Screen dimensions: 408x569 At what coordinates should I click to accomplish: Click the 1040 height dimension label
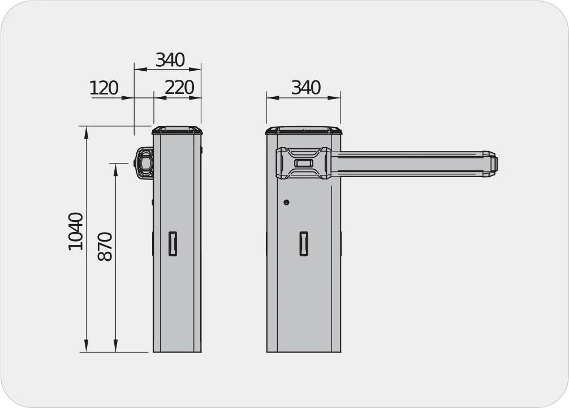(x=75, y=231)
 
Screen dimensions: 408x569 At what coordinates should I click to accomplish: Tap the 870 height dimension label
(x=105, y=246)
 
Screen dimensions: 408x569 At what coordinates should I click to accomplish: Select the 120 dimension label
(x=104, y=88)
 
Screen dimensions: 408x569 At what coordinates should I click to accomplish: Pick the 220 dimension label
(x=179, y=88)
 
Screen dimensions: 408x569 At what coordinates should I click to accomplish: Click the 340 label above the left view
(x=170, y=59)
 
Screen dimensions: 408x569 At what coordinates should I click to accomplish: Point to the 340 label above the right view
(x=305, y=88)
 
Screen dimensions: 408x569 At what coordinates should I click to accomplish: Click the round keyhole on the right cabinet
(x=286, y=202)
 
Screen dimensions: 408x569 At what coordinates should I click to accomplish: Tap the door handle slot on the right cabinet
(x=304, y=243)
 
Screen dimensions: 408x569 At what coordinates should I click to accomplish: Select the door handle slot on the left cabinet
(x=173, y=243)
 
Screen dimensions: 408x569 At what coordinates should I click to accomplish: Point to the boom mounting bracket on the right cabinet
(x=303, y=163)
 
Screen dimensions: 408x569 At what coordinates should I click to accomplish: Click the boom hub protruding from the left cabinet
(x=144, y=163)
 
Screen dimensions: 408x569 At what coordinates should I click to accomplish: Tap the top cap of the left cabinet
(x=177, y=130)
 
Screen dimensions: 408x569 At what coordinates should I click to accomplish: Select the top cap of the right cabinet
(x=304, y=130)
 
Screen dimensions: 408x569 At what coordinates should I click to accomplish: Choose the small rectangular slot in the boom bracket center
(x=304, y=163)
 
